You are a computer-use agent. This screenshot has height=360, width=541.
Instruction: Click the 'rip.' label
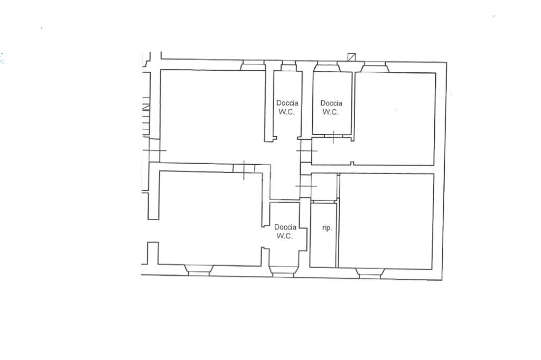tap(327, 228)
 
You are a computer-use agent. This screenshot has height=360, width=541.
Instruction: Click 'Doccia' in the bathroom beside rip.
tap(285, 227)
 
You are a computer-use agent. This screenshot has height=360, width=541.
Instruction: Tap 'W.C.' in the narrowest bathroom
tap(287, 112)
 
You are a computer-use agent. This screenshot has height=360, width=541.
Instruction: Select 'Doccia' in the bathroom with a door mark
tap(331, 103)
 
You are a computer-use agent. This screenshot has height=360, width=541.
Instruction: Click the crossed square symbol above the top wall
tap(351, 57)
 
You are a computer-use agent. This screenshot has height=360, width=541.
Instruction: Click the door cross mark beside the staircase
tap(154, 150)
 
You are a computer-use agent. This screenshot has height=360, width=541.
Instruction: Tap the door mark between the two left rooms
tap(244, 169)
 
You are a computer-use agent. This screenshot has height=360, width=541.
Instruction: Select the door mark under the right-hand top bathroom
tap(333, 137)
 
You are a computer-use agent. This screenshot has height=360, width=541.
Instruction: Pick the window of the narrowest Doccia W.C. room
tap(288, 66)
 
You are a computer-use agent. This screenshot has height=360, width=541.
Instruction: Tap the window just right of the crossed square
tap(375, 67)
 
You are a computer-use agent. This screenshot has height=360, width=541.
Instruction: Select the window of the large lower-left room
tap(199, 270)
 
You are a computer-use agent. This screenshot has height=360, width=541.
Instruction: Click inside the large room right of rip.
tap(386, 221)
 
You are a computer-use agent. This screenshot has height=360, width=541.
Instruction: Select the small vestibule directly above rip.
tap(324, 186)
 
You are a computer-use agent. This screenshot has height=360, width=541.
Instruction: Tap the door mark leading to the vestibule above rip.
tap(306, 186)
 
